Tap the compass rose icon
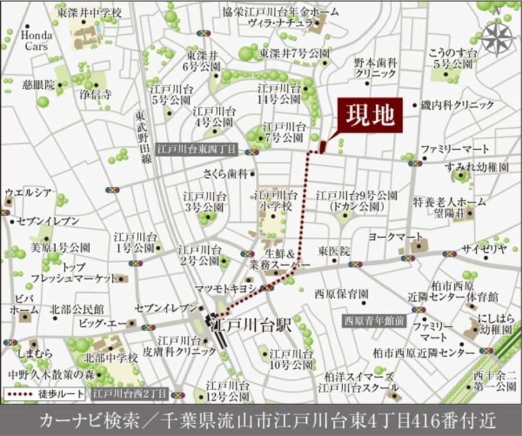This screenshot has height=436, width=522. coord(498,38)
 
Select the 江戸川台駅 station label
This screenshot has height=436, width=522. coord(251,324)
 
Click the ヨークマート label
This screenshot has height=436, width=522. coord(396,237)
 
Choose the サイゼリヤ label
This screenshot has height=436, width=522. coord(484,249)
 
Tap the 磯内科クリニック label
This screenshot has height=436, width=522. coord(458,105)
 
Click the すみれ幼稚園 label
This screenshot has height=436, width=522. coord(477,168)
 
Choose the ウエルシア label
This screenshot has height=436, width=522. coord(28,192)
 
